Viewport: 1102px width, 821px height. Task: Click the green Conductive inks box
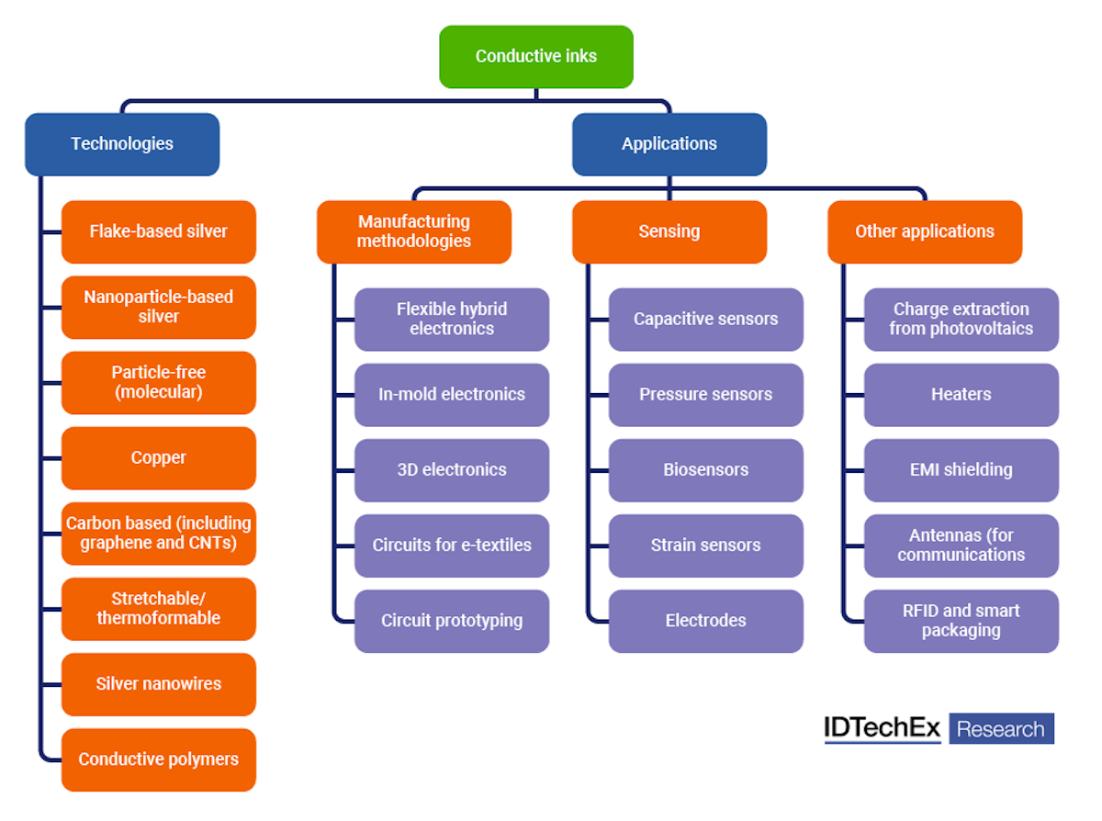(536, 57)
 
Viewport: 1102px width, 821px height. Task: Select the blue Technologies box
(122, 144)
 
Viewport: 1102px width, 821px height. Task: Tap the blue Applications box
(669, 144)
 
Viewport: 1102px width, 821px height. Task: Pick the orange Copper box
(159, 458)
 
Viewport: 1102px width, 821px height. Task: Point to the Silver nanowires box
(159, 684)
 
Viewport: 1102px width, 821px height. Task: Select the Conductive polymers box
(159, 759)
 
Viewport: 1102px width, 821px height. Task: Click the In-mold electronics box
(452, 395)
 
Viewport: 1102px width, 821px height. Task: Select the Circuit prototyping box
(452, 621)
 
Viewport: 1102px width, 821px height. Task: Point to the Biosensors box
(706, 470)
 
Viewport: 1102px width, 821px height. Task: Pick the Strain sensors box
(706, 545)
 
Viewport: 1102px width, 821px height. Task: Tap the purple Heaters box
(961, 395)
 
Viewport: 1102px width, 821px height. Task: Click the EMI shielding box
(961, 470)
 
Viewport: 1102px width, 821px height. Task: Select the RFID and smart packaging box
(961, 621)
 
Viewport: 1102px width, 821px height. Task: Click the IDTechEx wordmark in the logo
(883, 728)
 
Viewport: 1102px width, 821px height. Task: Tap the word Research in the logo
(1001, 729)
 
